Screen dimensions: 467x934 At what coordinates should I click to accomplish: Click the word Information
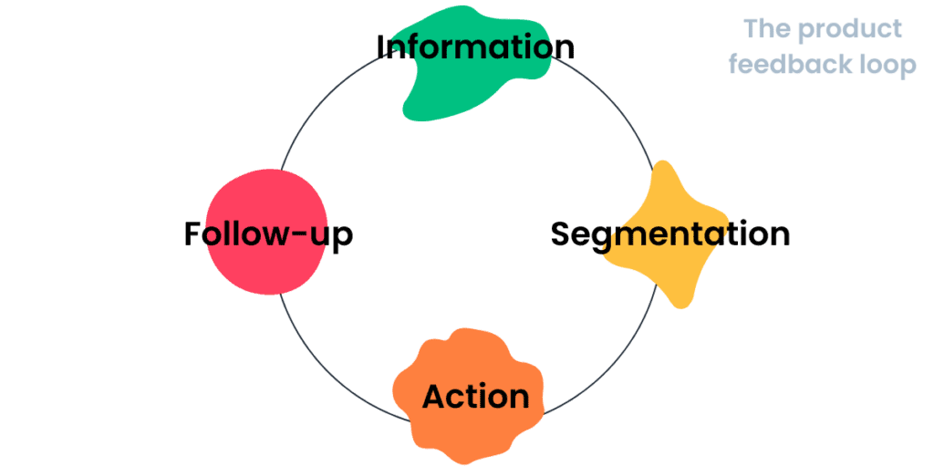coord(475,47)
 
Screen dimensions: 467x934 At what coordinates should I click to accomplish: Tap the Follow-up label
coord(268,234)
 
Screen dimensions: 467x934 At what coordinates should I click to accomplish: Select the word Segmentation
coord(669,234)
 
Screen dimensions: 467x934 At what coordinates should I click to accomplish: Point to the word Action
coord(475,397)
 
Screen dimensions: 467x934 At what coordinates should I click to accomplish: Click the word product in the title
coord(850,29)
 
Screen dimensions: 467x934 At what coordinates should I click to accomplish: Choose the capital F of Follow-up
coord(192,234)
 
